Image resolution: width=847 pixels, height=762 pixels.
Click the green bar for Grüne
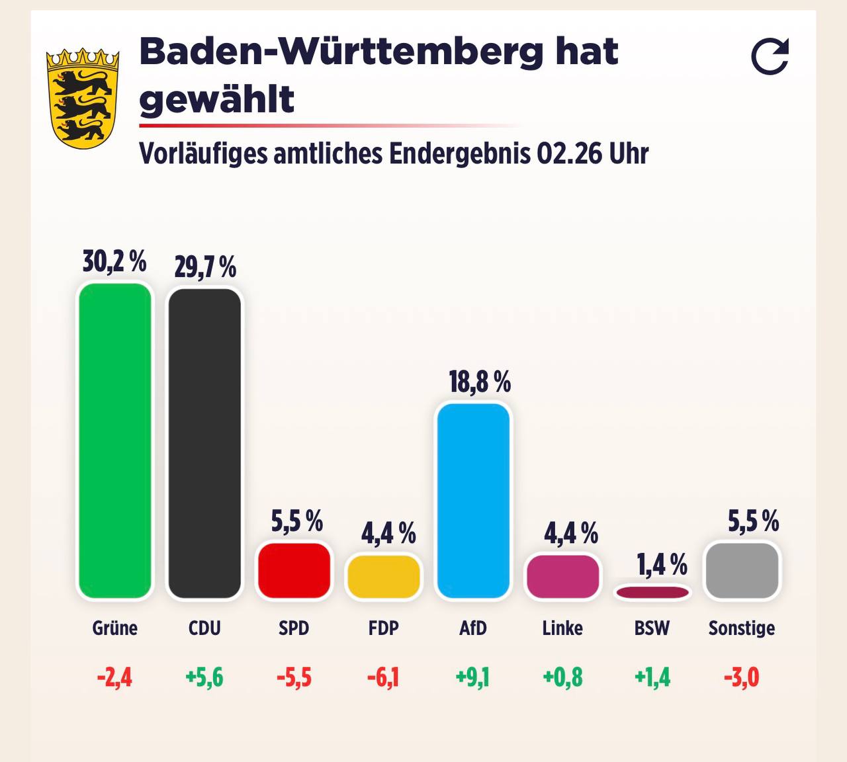click(x=115, y=441)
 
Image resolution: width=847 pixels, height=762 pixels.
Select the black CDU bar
click(x=204, y=443)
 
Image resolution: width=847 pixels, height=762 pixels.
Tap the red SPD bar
click(x=294, y=570)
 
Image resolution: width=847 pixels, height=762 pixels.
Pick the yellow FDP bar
click(x=384, y=576)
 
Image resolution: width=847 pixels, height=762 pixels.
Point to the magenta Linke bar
click(x=562, y=576)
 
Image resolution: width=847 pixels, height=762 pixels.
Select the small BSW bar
click(x=652, y=592)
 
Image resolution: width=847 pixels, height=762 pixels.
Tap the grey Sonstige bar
click(x=742, y=570)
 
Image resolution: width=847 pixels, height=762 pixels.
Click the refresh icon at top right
click(x=770, y=56)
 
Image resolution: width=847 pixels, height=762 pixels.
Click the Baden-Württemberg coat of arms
click(x=82, y=98)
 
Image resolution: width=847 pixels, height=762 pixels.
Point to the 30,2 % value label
click(x=114, y=261)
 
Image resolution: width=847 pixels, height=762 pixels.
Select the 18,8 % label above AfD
click(x=480, y=382)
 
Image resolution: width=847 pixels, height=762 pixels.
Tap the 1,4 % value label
click(x=662, y=564)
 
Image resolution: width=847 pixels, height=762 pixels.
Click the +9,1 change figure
click(x=472, y=677)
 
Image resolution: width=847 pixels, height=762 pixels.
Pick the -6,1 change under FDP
click(x=383, y=677)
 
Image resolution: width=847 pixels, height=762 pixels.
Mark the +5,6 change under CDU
click(x=204, y=677)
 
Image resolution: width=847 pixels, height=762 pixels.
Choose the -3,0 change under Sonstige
click(x=742, y=677)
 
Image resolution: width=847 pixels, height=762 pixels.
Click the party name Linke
click(x=562, y=628)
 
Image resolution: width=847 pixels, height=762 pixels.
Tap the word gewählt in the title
click(x=216, y=100)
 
